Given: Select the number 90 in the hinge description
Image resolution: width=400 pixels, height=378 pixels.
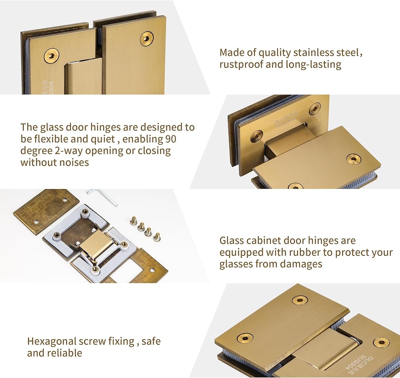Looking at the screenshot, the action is click(x=171, y=139).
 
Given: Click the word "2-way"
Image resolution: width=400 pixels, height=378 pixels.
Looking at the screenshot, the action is click(x=69, y=151).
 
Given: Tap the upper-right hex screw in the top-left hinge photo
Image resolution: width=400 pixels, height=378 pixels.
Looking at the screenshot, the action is click(x=147, y=39).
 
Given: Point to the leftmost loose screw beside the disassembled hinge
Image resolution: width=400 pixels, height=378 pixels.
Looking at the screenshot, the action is click(x=134, y=219).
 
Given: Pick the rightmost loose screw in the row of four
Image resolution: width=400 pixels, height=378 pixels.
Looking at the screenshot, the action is click(x=157, y=237).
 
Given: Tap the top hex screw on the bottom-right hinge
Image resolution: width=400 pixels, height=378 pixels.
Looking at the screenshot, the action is click(x=300, y=300).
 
